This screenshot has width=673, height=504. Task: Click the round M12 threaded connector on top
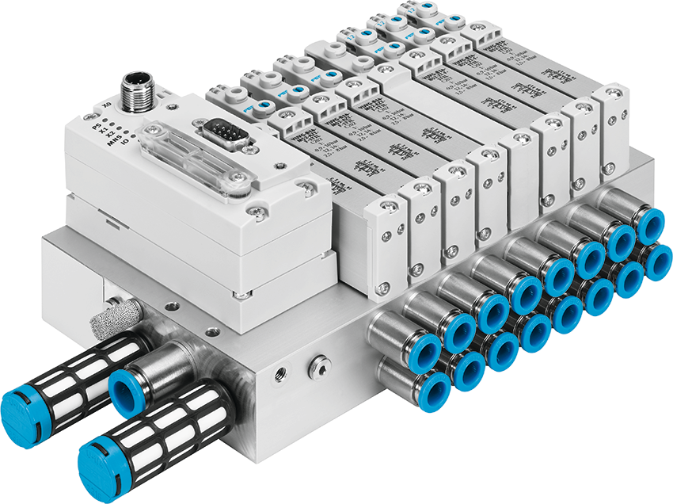click(132, 86)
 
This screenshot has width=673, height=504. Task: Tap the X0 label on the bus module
click(106, 104)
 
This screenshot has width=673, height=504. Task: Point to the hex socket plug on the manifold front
click(317, 365)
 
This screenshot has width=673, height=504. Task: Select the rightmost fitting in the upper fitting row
click(651, 226)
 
